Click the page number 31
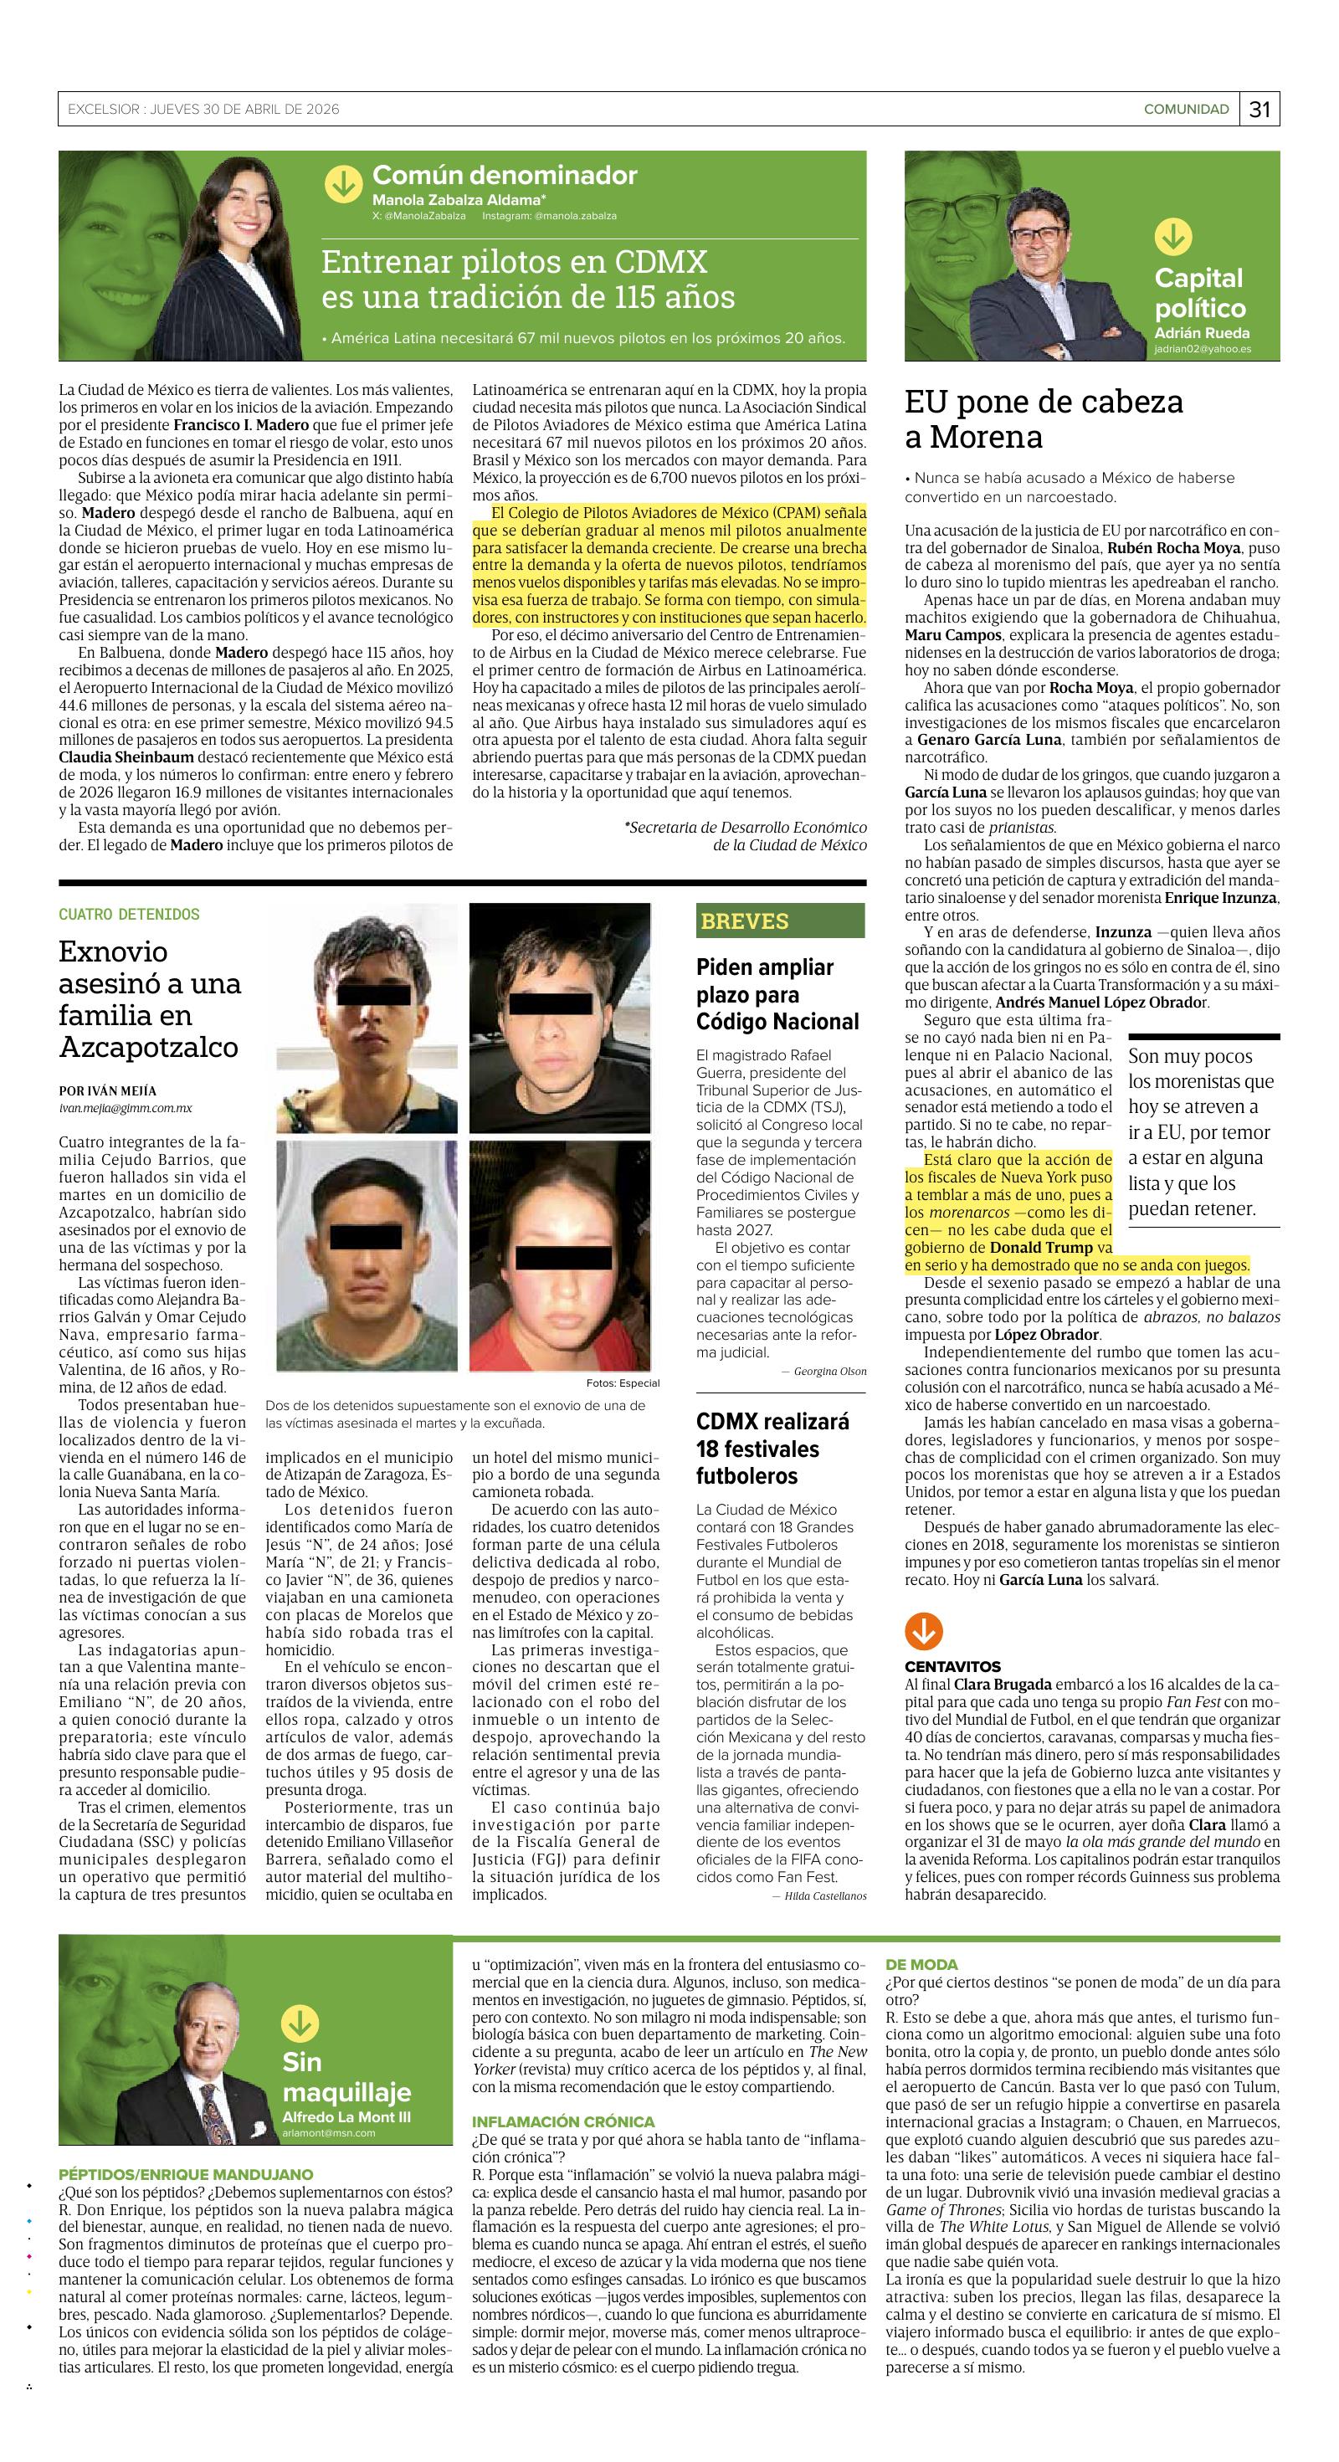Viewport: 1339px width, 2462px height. [x=1259, y=110]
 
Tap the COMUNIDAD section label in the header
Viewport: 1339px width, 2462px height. [x=1186, y=110]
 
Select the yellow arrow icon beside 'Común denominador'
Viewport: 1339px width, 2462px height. [x=343, y=183]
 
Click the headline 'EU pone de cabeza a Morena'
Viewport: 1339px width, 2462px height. [x=1044, y=418]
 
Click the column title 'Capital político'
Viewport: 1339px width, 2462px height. [x=1199, y=292]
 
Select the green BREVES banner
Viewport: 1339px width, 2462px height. [x=780, y=921]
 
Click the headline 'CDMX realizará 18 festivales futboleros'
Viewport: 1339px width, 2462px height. [x=772, y=1449]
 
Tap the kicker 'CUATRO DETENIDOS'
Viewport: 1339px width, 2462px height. [x=129, y=915]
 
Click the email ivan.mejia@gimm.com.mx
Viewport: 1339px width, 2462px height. [x=126, y=1108]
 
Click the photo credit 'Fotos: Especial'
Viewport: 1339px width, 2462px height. [x=622, y=1383]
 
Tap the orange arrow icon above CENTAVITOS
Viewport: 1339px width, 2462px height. [x=922, y=1633]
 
